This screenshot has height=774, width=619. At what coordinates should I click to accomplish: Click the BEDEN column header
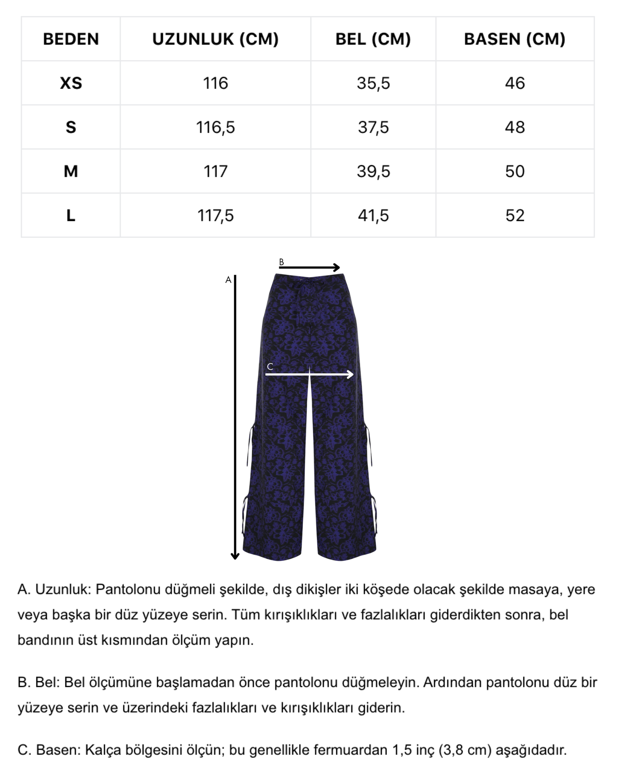71,39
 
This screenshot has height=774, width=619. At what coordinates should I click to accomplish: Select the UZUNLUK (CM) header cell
215,39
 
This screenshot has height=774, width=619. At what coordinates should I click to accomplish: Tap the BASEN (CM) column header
515,39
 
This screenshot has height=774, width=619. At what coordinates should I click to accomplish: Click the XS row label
71,83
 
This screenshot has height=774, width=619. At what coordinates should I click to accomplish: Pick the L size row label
71,216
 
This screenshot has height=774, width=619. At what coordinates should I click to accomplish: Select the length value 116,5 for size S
215,127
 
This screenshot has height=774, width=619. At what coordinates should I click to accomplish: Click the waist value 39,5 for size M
373,171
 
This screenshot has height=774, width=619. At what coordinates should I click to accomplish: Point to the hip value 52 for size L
515,216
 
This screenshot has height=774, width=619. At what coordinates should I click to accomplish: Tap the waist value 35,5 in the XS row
373,83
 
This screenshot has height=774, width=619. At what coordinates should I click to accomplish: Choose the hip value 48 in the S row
515,127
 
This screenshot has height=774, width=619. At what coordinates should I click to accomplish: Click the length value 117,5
215,216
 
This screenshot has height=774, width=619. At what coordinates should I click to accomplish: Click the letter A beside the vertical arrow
228,280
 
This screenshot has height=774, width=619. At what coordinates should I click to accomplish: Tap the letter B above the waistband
281,262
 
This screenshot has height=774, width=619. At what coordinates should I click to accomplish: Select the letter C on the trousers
270,366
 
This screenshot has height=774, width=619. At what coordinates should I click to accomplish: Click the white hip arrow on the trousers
309,374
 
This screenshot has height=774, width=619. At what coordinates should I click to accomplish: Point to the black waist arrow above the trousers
309,267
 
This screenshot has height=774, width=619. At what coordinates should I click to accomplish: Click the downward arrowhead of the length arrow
235,557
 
